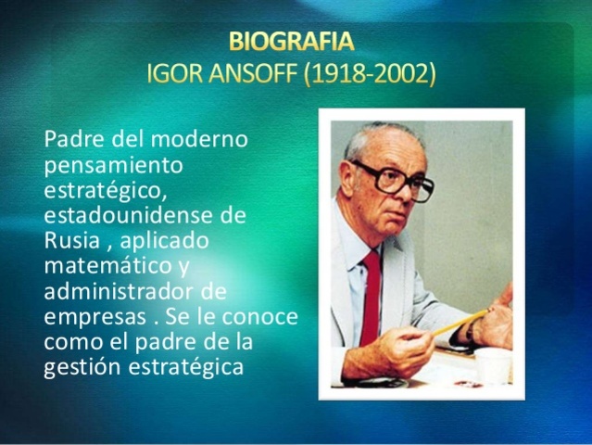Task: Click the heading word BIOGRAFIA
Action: point(290,42)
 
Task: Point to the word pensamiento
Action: point(113,164)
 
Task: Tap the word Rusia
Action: point(69,239)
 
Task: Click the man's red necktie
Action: point(371,287)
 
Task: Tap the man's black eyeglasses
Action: point(393,179)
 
